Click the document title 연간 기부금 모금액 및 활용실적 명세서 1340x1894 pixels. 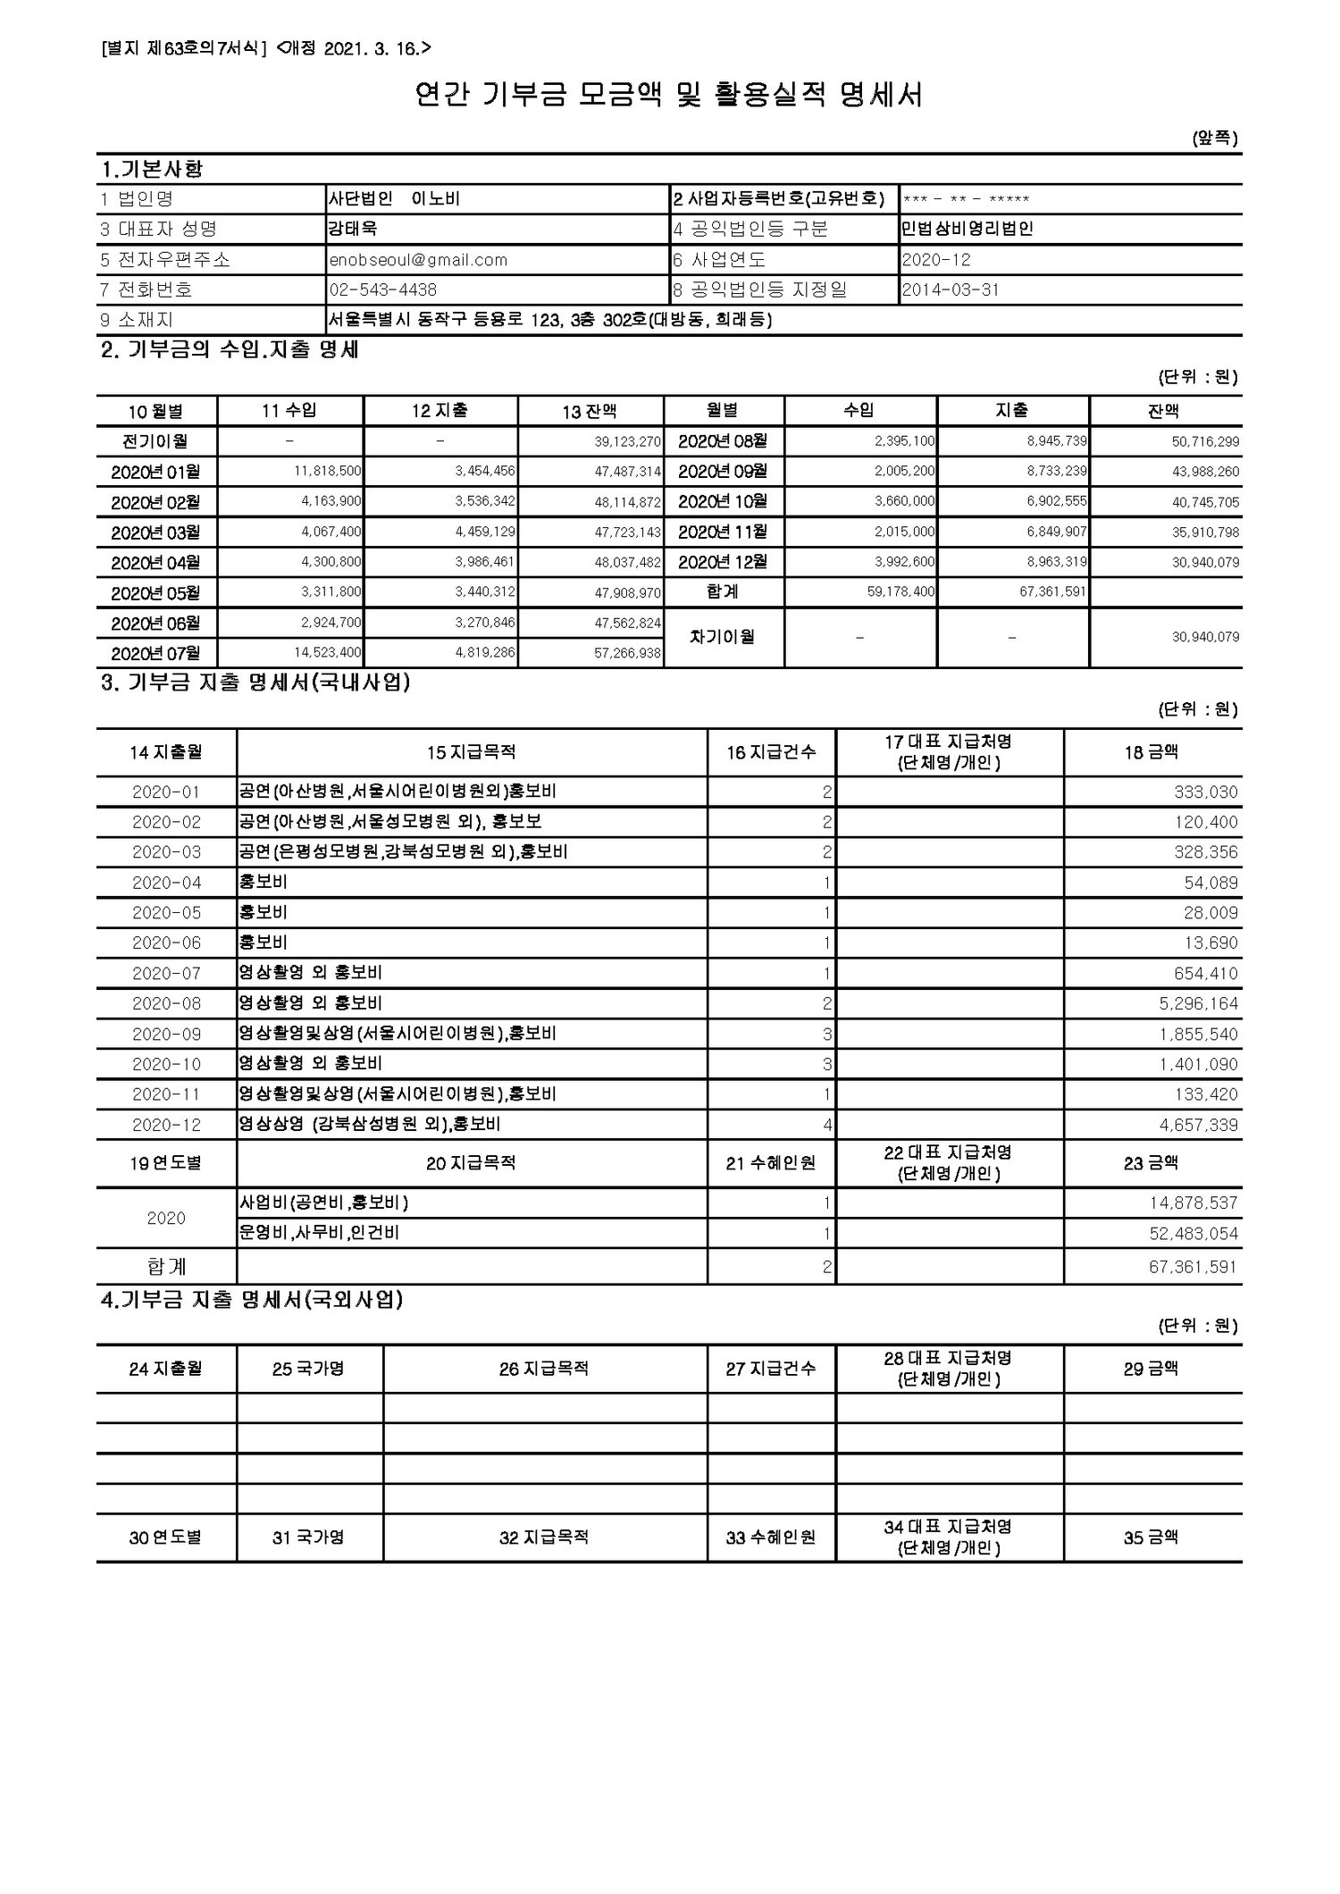pyautogui.click(x=669, y=95)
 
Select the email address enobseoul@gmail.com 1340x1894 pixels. pyautogui.click(x=418, y=260)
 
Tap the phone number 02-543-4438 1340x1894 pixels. pyautogui.click(x=383, y=289)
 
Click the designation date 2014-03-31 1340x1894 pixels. pyautogui.click(x=951, y=289)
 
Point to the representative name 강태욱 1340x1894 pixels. pyautogui.click(x=353, y=229)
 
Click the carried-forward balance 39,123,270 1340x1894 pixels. pyautogui.click(x=627, y=441)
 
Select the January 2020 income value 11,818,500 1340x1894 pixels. pyautogui.click(x=328, y=471)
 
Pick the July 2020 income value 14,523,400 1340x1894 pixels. pyautogui.click(x=328, y=653)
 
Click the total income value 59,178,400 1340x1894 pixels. pyautogui.click(x=900, y=591)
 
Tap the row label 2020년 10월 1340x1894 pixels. pyautogui.click(x=723, y=501)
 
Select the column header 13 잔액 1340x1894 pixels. pyautogui.click(x=590, y=411)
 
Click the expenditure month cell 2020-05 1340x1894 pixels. pyautogui.click(x=166, y=913)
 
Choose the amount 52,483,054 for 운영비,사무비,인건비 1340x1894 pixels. pyautogui.click(x=1193, y=1234)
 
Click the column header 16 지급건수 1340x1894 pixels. pyautogui.click(x=771, y=752)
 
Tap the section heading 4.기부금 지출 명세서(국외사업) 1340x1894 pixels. pyautogui.click(x=251, y=1301)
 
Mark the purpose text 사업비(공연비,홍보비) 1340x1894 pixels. pyautogui.click(x=324, y=1203)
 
